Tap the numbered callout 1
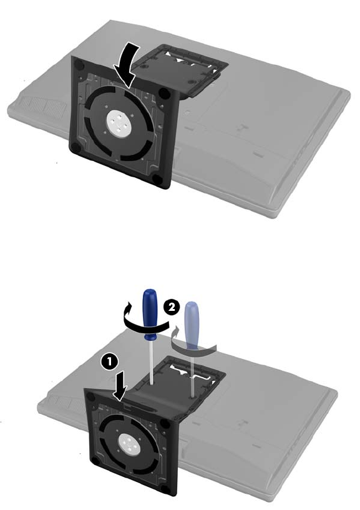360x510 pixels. click(109, 362)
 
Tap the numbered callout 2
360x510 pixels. click(171, 306)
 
